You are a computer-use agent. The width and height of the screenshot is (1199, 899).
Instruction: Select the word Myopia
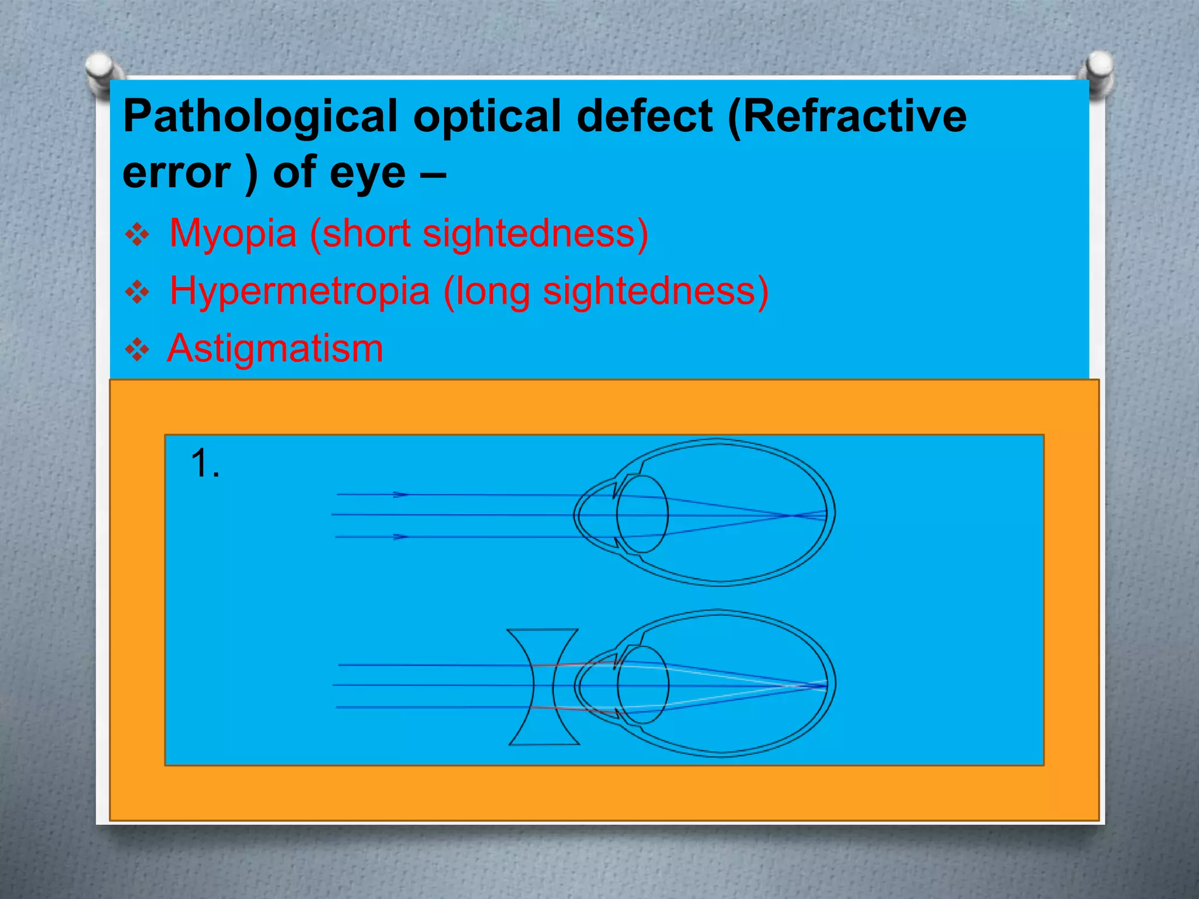[x=232, y=234]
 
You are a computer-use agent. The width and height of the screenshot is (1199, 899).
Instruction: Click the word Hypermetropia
[x=299, y=291]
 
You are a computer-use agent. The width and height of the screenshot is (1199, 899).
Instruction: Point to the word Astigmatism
[x=275, y=348]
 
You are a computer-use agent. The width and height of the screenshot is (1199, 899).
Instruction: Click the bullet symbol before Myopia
[x=138, y=235]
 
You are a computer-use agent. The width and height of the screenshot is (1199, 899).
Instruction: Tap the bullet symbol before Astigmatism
[x=138, y=350]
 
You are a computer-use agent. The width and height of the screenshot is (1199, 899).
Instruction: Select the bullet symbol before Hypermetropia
[x=138, y=293]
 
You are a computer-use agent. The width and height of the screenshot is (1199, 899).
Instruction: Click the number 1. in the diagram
[x=205, y=464]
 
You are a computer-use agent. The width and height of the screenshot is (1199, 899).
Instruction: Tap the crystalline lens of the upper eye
[x=643, y=514]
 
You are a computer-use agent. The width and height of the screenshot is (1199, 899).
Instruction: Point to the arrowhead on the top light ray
[x=401, y=495]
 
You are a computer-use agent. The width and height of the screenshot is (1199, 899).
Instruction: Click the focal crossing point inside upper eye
[x=790, y=516]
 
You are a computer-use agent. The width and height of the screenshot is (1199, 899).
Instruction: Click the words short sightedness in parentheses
[x=479, y=234]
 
